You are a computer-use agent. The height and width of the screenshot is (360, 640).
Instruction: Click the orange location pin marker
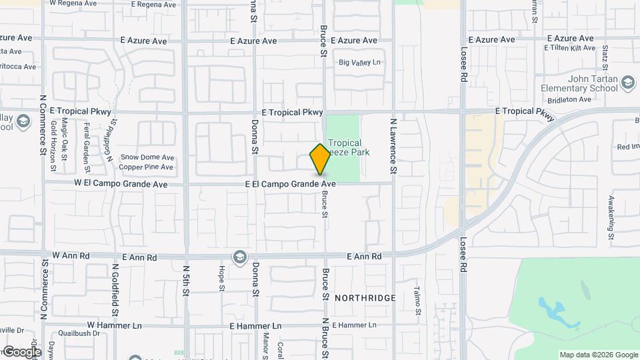(320, 159)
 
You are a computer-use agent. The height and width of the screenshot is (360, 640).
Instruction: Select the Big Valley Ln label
(359, 63)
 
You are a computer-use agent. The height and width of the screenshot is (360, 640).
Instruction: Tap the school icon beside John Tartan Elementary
(627, 82)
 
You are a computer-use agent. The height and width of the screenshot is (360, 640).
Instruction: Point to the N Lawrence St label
(393, 147)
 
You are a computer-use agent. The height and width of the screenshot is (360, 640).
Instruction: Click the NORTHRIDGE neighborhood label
(365, 298)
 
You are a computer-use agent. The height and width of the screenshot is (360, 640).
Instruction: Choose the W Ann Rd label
(71, 255)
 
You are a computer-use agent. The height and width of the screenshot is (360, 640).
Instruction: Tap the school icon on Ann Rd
(239, 257)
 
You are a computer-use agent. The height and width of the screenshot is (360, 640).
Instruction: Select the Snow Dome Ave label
(147, 157)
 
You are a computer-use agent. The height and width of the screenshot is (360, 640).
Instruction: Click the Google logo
(21, 351)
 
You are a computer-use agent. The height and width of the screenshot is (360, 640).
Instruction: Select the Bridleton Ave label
(569, 100)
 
